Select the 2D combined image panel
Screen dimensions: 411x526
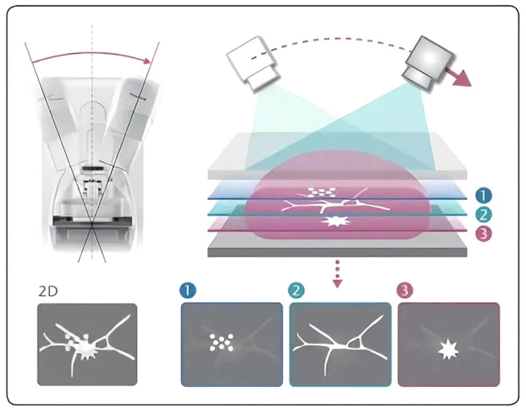(87, 344)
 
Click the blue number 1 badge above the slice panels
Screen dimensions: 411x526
(188, 291)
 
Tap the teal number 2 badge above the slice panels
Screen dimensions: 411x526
(296, 291)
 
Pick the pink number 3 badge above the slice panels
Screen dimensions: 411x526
(404, 291)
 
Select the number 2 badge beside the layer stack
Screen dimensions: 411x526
(483, 215)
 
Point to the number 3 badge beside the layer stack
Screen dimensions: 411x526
(483, 234)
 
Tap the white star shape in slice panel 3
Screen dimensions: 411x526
(448, 351)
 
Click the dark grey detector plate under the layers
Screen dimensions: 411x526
(338, 250)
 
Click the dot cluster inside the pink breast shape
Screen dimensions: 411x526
(321, 191)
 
